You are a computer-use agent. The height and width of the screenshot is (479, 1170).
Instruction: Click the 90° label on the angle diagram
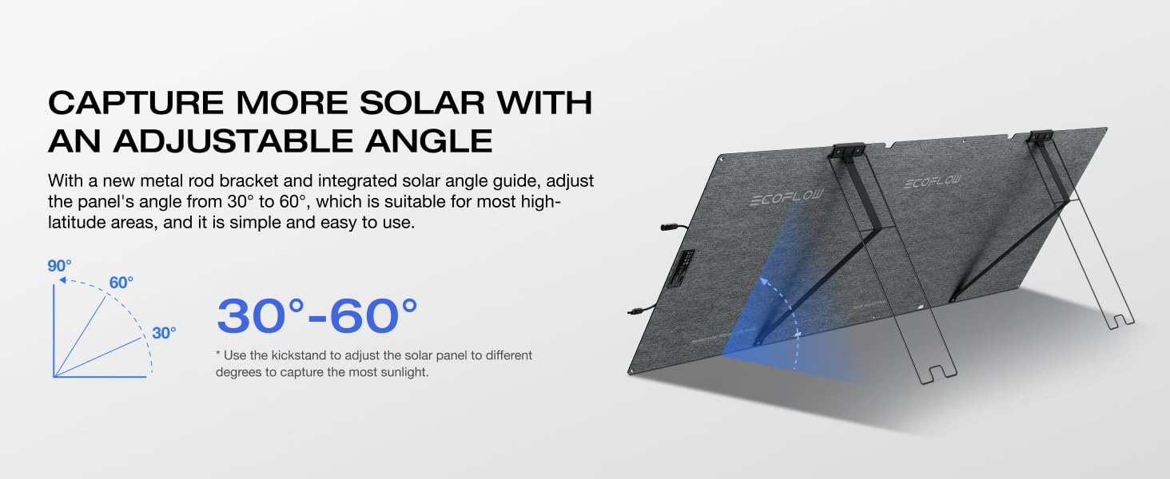pyautogui.click(x=59, y=266)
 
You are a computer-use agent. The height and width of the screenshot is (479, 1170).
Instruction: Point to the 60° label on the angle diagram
pyautogui.click(x=121, y=283)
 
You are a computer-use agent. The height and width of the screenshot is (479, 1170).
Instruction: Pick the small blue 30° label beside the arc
pyautogui.click(x=164, y=334)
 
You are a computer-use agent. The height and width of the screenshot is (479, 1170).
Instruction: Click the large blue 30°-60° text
pyautogui.click(x=317, y=316)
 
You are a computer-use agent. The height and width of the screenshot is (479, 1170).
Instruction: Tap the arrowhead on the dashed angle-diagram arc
pyautogui.click(x=62, y=280)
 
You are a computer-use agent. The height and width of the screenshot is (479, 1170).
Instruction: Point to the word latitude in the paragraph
pyautogui.click(x=74, y=222)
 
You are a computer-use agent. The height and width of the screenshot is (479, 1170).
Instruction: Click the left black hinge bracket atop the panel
pyautogui.click(x=848, y=149)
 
